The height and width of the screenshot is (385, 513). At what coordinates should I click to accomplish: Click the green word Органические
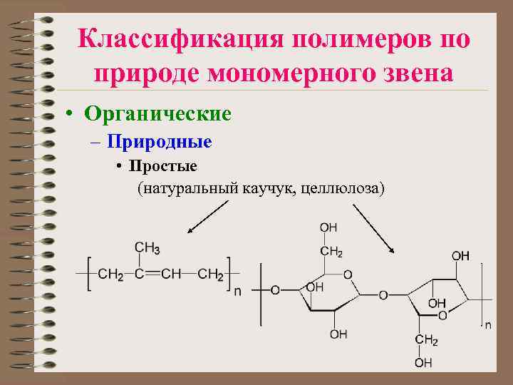pos(157,113)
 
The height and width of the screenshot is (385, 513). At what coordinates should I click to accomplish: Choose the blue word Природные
pos(160,142)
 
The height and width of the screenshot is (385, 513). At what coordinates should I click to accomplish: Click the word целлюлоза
pos(343,188)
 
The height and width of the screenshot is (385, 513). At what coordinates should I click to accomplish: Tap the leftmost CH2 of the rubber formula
pos(110,274)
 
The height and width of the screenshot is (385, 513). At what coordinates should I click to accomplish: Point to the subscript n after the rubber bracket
pos(237,291)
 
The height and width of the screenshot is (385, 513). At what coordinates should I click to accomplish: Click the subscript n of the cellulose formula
pos(488,325)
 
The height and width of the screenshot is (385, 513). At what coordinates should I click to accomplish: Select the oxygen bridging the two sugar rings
pos(383,294)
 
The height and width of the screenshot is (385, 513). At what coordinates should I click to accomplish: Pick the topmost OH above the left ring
pos(328,227)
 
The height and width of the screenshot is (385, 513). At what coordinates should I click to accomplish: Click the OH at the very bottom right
pos(423,363)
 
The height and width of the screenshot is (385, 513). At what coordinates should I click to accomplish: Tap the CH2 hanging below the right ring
pos(426,340)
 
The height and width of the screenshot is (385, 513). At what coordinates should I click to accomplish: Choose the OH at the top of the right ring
pos(460,255)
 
